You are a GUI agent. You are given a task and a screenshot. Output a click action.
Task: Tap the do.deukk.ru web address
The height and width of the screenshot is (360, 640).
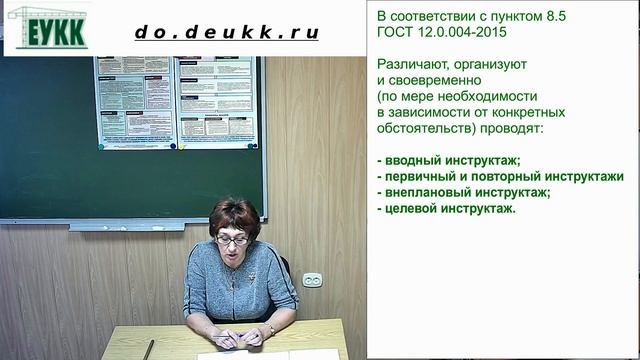coord(227,32)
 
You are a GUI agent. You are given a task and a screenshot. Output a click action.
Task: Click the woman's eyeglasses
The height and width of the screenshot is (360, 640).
coord(232,240)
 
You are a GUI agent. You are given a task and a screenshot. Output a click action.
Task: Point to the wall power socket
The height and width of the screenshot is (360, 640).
coord(313,279)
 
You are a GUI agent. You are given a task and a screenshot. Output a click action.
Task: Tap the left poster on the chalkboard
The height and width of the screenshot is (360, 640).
coord(134,101)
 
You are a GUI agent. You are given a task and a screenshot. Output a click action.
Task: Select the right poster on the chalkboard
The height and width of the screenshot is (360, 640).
coord(217,101)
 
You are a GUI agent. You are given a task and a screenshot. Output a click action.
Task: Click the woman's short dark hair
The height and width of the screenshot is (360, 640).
coord(234,213)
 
